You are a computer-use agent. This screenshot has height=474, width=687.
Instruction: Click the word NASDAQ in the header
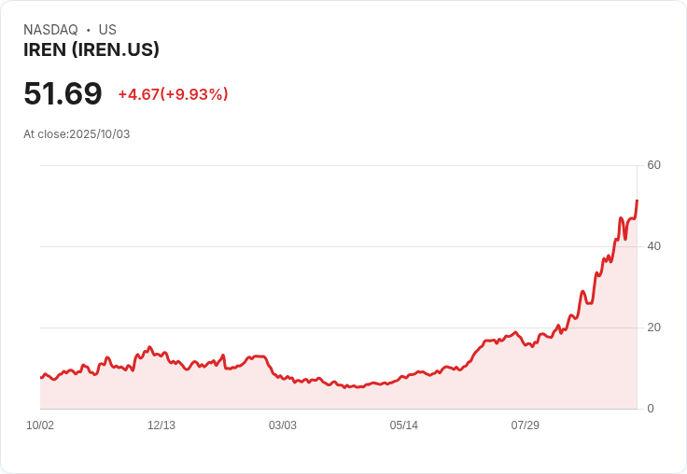pos(50,30)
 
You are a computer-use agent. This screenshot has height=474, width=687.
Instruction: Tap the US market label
pos(107,30)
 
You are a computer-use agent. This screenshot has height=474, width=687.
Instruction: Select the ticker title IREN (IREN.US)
pos(91,49)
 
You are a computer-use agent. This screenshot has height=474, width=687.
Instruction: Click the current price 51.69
pos(63,94)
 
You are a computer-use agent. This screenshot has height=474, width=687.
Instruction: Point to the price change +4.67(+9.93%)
pos(173,94)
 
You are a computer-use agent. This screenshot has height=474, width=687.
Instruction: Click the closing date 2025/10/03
pos(100,134)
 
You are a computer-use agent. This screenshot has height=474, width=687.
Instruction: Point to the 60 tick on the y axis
pos(653,165)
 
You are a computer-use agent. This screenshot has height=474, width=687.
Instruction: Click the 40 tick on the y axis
pos(653,246)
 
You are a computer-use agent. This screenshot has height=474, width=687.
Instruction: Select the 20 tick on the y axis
pos(653,328)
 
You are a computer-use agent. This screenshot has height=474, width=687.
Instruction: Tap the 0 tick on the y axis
pos(651,409)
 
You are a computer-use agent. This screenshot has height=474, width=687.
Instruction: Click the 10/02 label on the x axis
pos(40,425)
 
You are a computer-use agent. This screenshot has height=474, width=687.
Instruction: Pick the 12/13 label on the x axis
pos(161,425)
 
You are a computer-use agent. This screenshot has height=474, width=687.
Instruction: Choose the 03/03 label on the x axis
pos(283,425)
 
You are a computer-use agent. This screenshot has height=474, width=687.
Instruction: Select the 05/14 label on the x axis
pos(404,425)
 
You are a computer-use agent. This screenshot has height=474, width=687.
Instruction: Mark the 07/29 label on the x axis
pos(526,425)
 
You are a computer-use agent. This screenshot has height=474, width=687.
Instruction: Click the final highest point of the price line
pos(637,201)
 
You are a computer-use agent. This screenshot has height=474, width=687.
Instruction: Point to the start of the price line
pos(41,377)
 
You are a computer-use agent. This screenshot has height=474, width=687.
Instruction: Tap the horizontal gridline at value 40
pos(336,246)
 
